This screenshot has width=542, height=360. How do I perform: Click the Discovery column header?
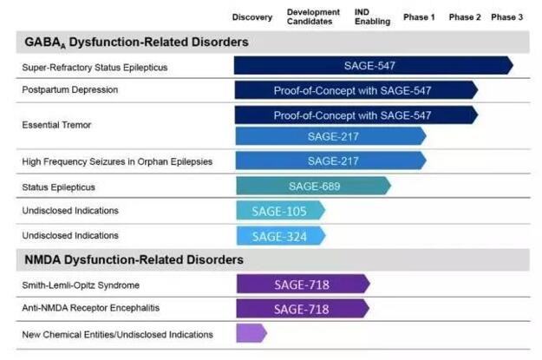point(252,17)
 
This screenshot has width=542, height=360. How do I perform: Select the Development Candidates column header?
point(310,17)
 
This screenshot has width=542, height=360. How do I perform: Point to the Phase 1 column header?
point(420,17)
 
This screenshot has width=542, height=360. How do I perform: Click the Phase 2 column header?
point(465,17)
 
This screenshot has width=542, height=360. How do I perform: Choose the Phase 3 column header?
point(506,17)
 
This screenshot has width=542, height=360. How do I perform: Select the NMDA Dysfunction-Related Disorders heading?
point(133,259)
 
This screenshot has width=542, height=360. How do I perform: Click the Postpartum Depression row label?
point(69,89)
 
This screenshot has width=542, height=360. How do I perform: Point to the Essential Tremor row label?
point(56,125)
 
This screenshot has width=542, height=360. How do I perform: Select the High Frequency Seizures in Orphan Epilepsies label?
point(117,161)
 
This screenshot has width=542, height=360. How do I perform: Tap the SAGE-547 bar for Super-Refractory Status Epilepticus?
point(373,65)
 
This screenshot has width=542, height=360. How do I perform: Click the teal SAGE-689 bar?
point(313,186)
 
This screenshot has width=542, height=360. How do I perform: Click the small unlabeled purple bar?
point(251,333)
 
